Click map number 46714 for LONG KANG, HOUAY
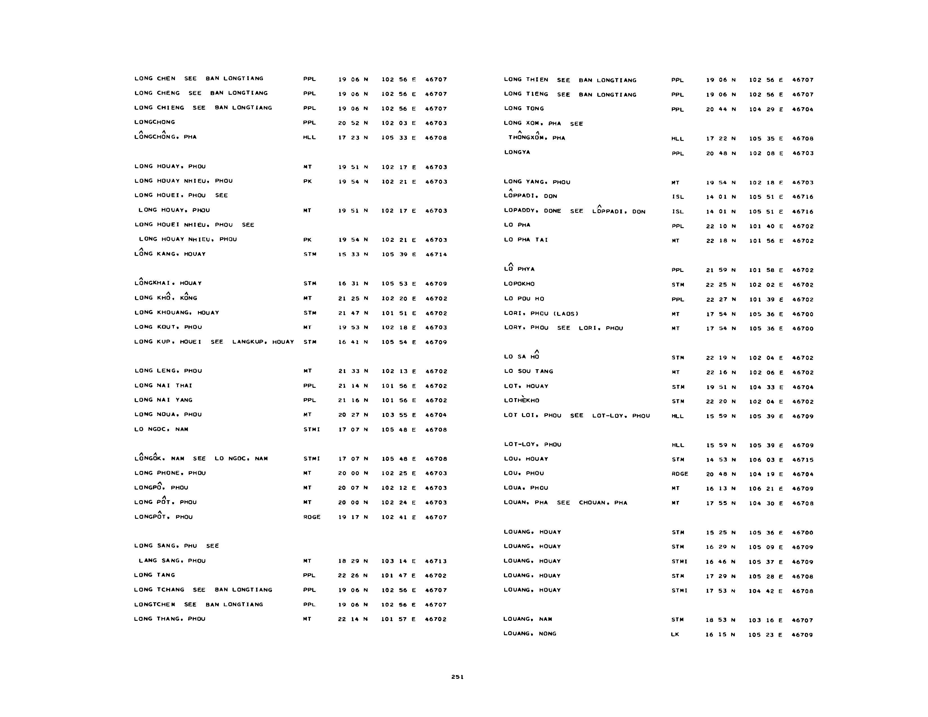coord(436,255)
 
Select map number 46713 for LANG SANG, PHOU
coord(436,561)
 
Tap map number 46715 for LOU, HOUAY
coord(803,460)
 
